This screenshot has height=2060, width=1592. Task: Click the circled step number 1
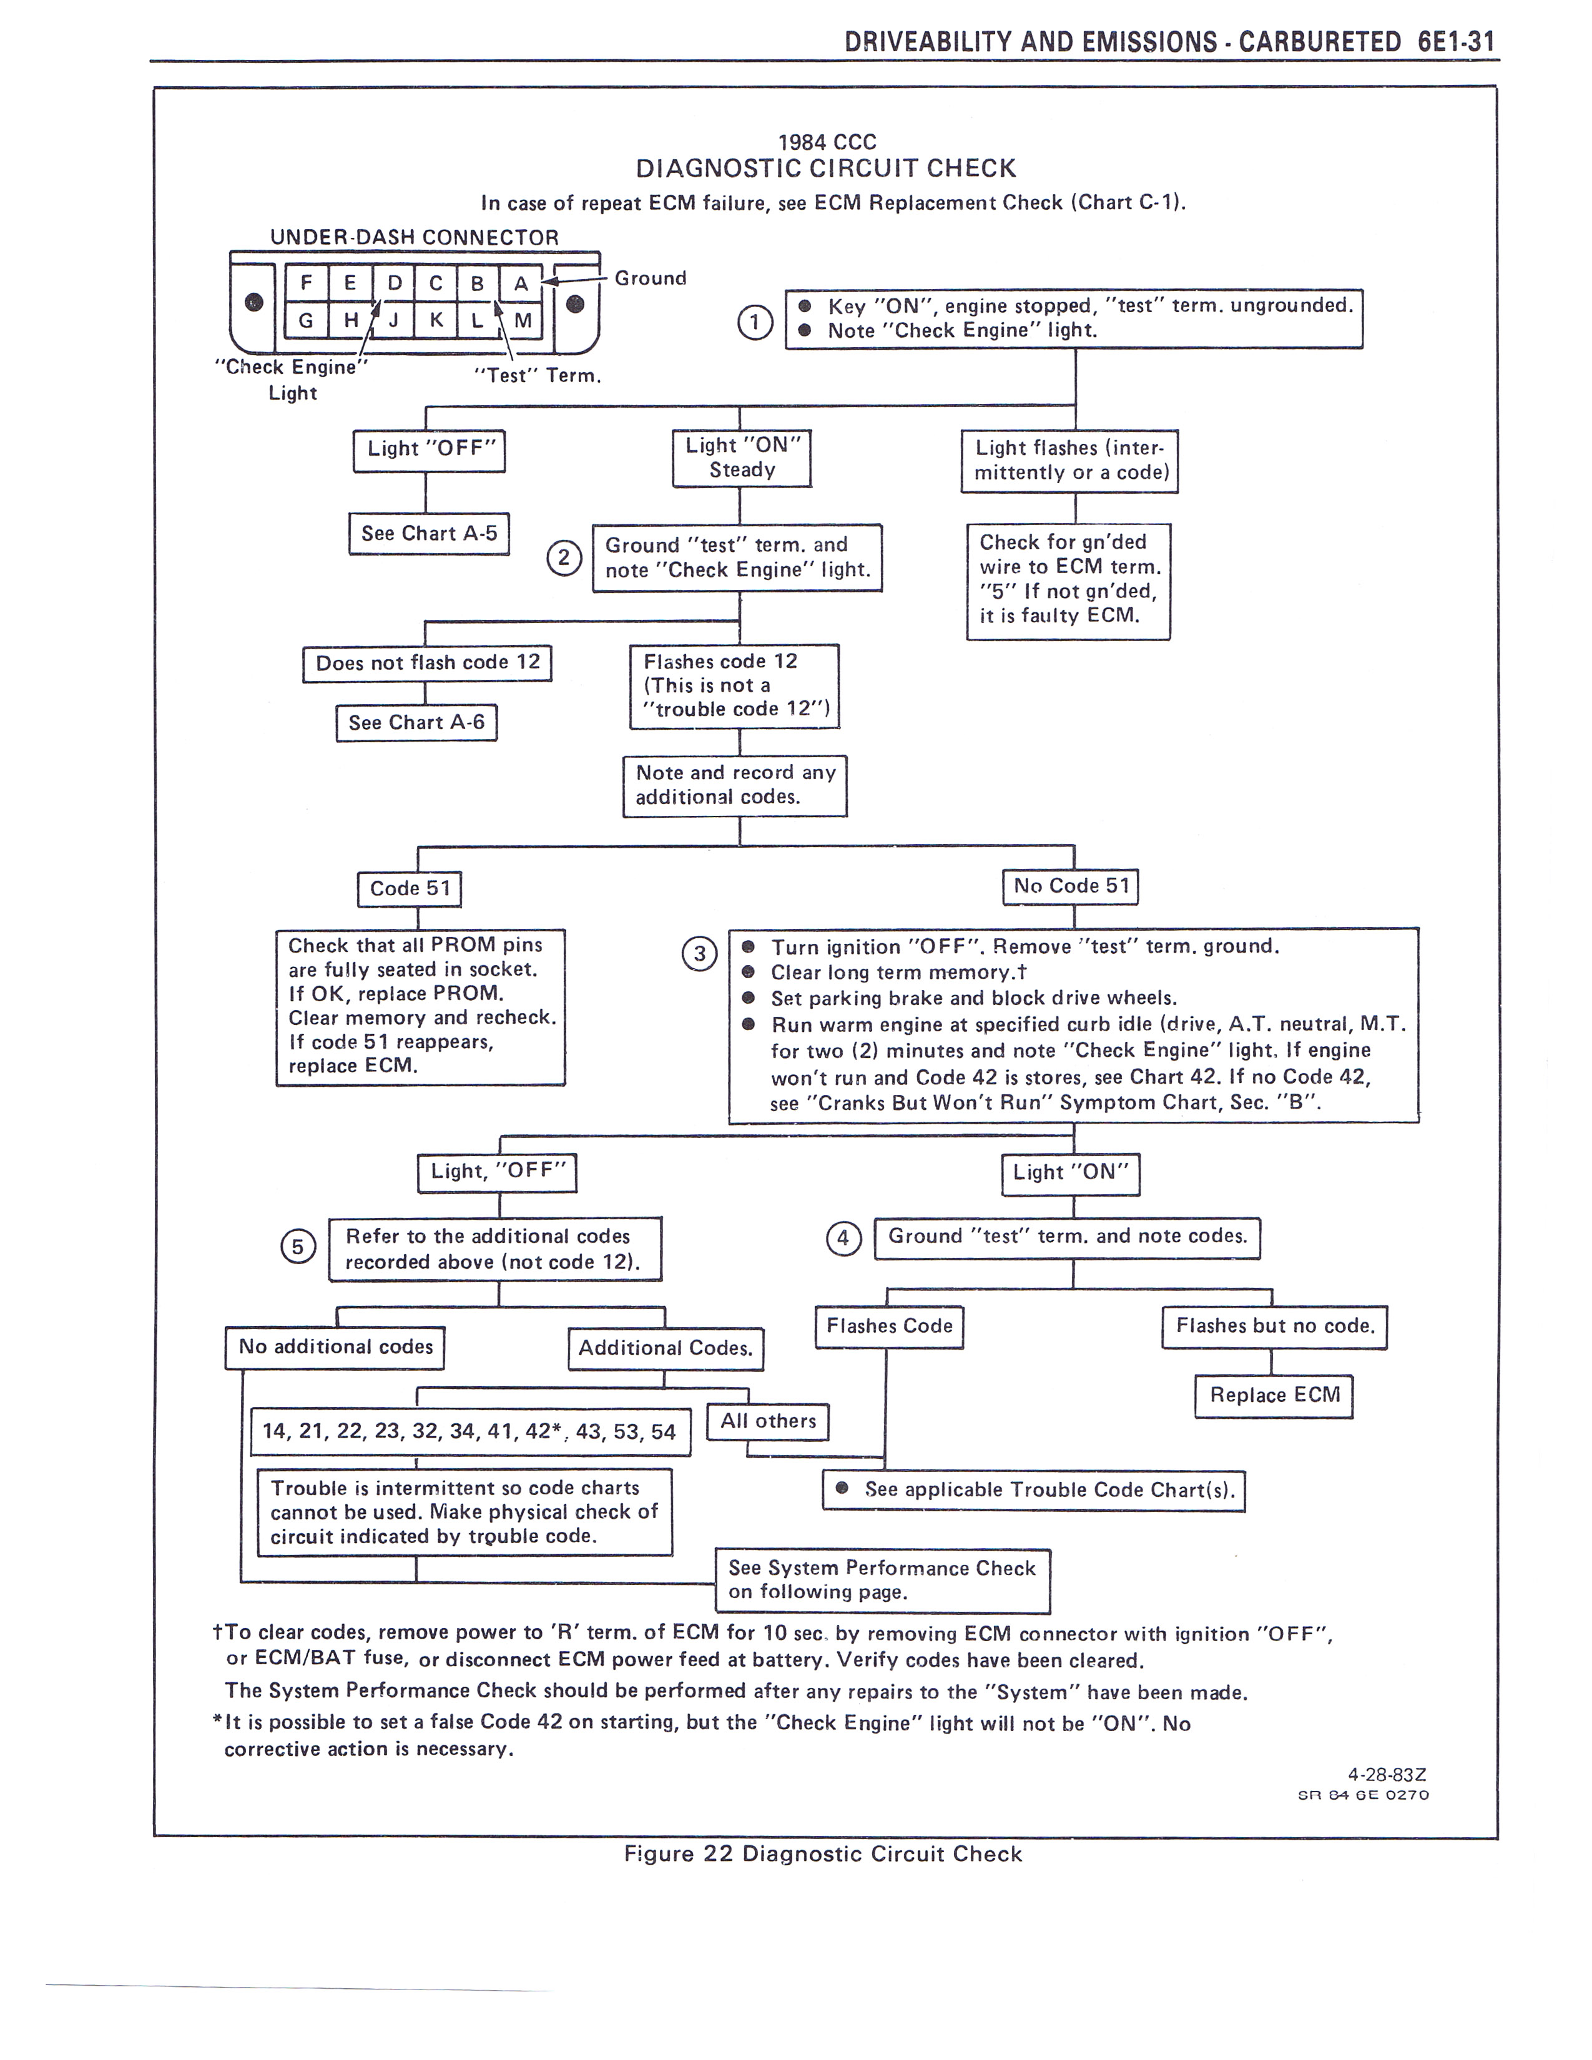click(755, 323)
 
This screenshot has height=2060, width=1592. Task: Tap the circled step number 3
click(699, 954)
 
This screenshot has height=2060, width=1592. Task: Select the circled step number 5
click(297, 1248)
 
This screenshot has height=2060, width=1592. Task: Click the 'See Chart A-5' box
click(429, 534)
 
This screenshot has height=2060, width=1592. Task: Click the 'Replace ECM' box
click(1274, 1395)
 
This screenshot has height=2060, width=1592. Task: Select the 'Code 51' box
click(410, 888)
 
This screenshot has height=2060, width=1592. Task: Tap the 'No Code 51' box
click(1071, 886)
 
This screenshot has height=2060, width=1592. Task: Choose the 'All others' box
click(768, 1421)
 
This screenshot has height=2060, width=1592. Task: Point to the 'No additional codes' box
click(335, 1347)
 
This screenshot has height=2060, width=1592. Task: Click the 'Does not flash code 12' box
click(427, 663)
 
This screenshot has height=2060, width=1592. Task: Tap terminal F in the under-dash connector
click(305, 282)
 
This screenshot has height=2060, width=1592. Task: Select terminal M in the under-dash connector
click(523, 321)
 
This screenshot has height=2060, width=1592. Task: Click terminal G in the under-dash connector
click(305, 321)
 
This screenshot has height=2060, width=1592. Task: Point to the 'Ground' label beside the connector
click(650, 278)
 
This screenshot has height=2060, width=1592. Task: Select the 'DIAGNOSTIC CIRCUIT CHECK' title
click(825, 169)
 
